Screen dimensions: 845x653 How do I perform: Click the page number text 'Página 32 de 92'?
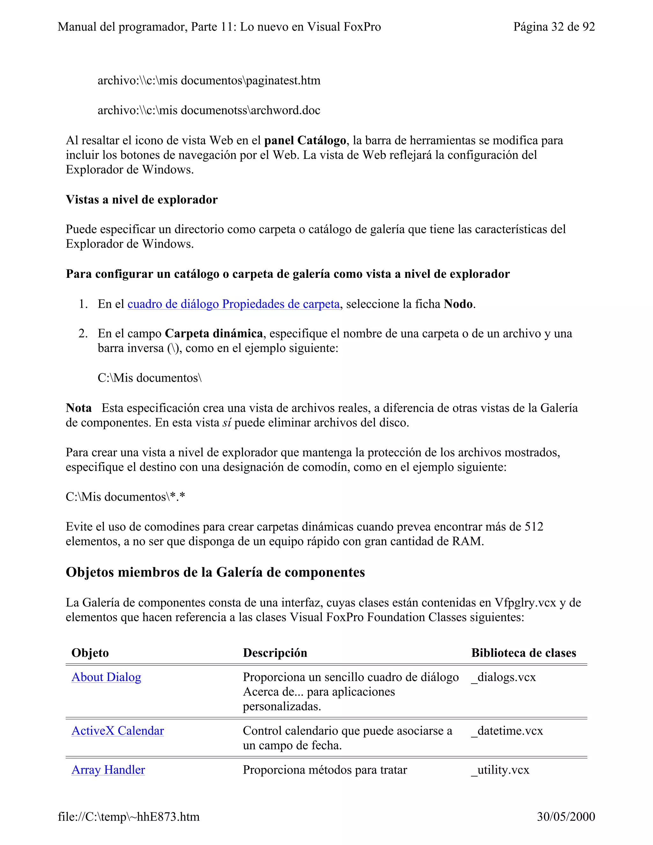554,27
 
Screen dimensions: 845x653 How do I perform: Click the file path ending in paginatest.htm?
209,80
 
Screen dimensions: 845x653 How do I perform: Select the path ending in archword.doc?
209,110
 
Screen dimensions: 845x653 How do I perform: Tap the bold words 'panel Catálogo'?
305,140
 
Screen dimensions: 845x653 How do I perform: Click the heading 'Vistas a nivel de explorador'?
142,200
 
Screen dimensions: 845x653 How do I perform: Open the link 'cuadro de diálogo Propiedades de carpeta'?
233,304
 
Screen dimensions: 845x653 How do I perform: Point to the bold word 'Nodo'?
459,304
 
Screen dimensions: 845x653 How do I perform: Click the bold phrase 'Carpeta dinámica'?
214,334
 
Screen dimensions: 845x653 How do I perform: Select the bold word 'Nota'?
78,408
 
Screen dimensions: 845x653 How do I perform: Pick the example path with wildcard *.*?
125,497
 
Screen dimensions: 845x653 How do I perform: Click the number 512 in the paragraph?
534,526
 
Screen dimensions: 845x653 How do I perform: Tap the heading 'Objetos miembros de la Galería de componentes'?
215,572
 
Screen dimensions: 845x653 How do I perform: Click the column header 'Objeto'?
90,653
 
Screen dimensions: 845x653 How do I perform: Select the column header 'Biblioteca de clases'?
524,653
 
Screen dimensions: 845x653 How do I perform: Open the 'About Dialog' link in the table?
106,677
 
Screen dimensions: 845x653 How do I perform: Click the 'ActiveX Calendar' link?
118,731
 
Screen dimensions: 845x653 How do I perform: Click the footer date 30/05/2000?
566,816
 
